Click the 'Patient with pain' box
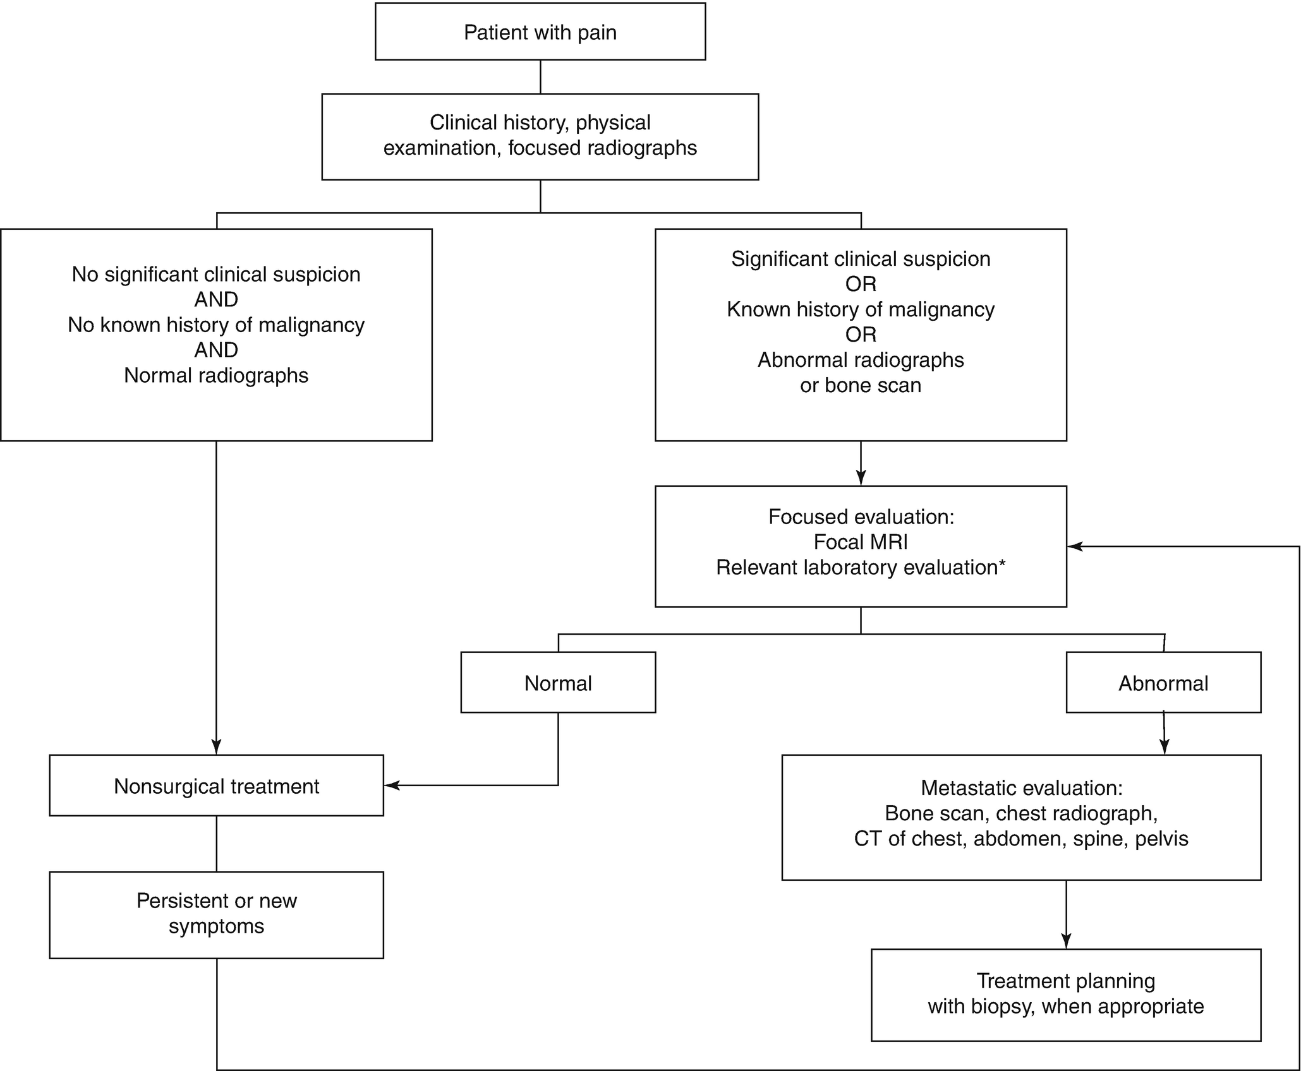[x=540, y=32]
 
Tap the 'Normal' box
[x=558, y=683]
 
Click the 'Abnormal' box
[x=1163, y=683]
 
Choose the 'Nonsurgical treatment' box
[x=216, y=786]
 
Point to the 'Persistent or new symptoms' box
[x=216, y=913]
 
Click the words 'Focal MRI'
[x=861, y=542]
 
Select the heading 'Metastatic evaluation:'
[x=1021, y=787]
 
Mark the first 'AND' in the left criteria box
[x=216, y=299]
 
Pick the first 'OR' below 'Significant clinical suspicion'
[x=861, y=284]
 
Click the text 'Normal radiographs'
[x=216, y=375]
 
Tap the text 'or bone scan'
[x=861, y=385]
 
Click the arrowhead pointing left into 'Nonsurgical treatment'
[x=392, y=786]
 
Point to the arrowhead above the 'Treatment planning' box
[x=1066, y=942]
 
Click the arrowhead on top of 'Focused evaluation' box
[x=861, y=479]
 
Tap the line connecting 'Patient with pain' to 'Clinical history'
[x=540, y=76]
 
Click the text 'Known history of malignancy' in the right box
[x=861, y=309]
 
